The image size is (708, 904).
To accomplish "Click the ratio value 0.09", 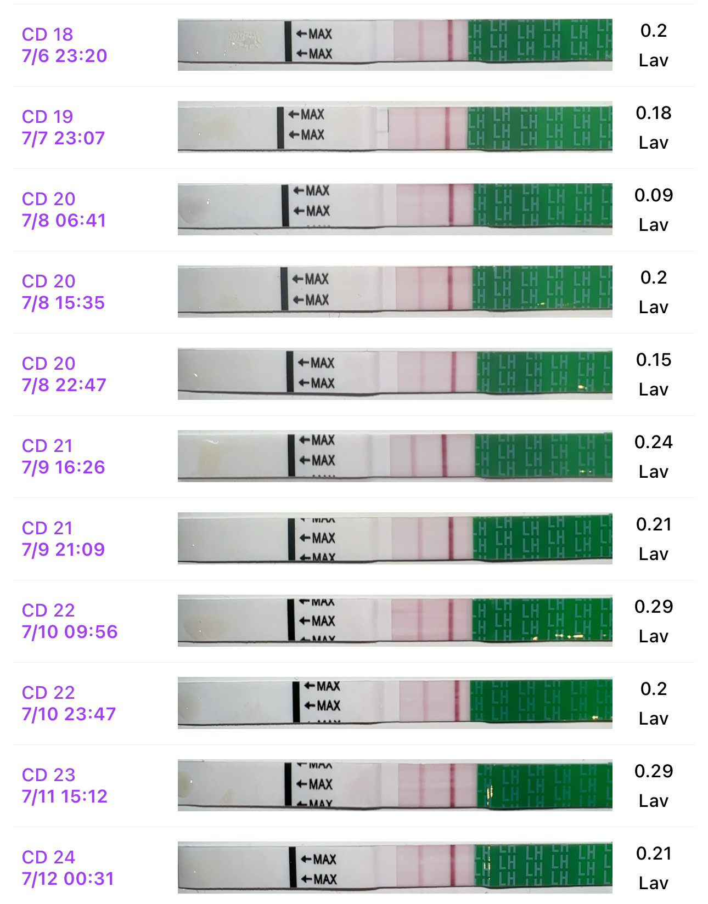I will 653,195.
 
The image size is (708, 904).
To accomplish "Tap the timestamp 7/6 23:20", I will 64,56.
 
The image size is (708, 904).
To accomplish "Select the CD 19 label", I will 47,116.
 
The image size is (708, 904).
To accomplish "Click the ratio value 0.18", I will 653,113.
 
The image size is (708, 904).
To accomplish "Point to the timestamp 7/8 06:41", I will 64,221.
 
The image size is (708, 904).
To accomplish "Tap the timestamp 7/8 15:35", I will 63,303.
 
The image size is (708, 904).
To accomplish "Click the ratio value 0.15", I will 653,360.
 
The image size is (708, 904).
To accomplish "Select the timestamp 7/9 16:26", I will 63,467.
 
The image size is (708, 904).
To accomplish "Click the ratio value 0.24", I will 653,442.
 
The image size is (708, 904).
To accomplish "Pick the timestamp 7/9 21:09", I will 63,550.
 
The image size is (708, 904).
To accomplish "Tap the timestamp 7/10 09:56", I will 70,632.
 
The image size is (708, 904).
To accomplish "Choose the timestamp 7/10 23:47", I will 69,714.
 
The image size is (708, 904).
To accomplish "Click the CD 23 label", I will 48,775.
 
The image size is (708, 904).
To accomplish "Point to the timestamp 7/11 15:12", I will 64,796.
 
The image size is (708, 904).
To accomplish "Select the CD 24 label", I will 48,857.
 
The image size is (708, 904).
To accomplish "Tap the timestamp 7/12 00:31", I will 68,879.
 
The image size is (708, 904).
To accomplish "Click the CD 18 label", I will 47,34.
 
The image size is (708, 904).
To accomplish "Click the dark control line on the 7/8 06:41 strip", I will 451,205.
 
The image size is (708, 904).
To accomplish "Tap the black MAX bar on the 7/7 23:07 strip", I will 280,127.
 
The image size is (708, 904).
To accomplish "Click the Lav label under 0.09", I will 653,225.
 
